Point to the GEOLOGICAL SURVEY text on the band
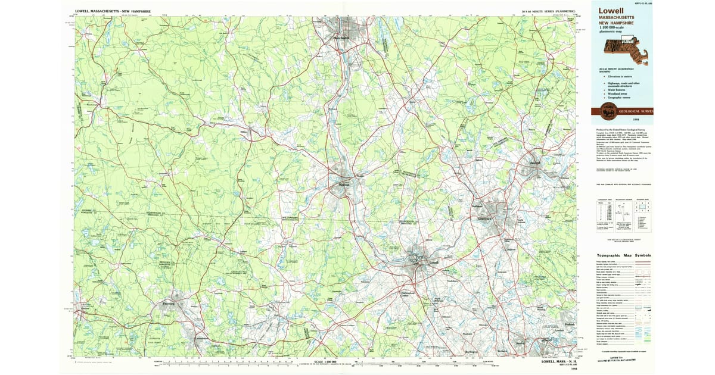[636, 111]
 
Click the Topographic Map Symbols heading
[624, 255]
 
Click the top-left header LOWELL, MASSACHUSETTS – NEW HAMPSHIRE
[113, 11]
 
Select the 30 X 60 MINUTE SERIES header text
[547, 11]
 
